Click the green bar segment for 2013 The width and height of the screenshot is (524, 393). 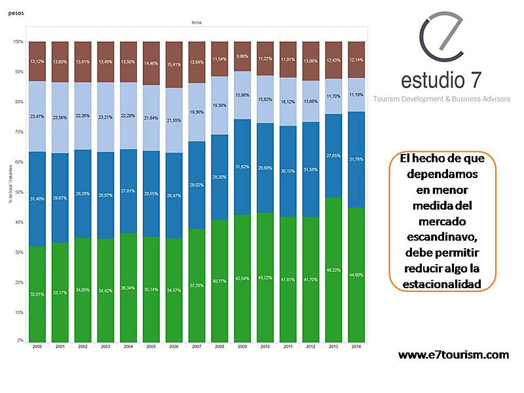click(333, 269)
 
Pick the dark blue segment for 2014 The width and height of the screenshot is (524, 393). click(356, 159)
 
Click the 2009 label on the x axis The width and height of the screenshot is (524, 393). click(242, 346)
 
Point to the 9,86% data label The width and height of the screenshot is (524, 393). click(242, 56)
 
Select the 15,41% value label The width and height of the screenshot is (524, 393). click(174, 65)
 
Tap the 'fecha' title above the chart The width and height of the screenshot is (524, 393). click(196, 22)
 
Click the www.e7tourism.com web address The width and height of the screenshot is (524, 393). click(454, 354)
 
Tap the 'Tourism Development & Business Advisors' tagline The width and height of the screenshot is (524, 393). click(441, 99)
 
